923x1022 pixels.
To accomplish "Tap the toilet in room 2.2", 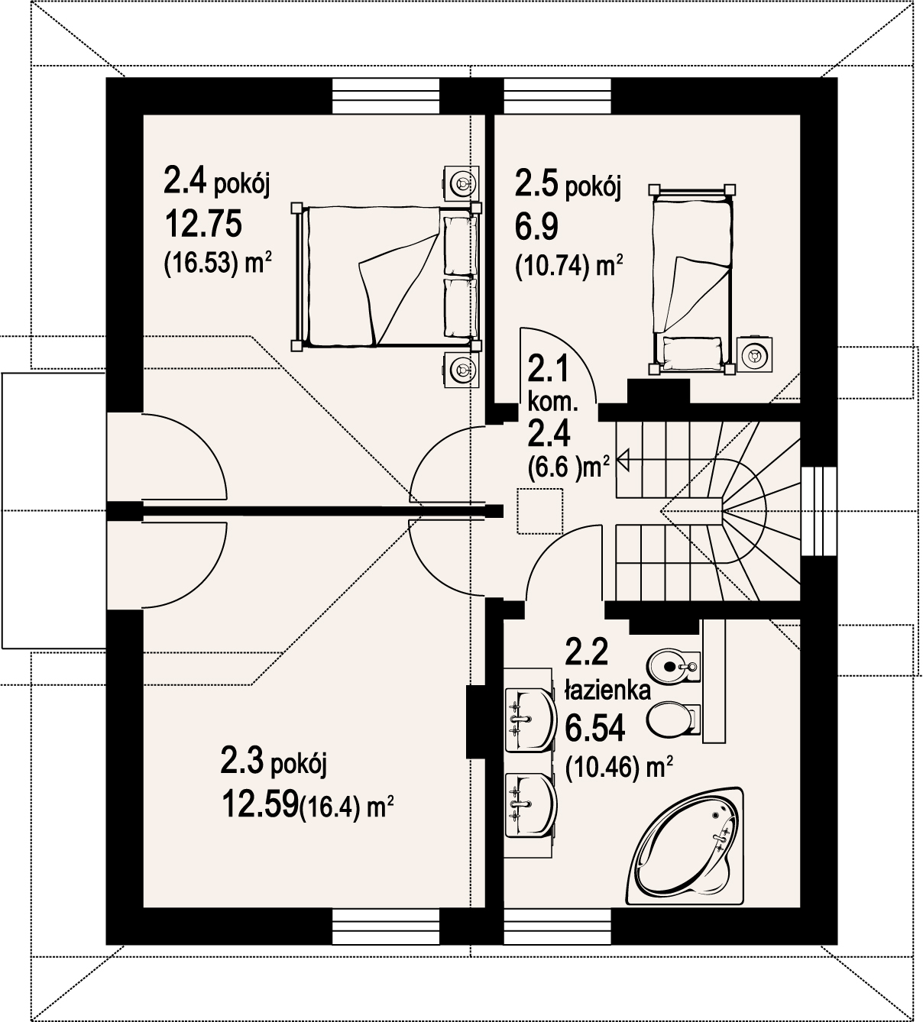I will tap(672, 719).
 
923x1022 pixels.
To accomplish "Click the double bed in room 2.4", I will tap(386, 276).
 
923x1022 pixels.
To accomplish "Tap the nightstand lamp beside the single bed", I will tap(756, 354).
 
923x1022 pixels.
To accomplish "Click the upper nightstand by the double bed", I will tap(461, 183).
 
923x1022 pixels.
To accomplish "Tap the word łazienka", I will tap(606, 690).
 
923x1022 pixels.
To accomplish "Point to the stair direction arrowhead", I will tap(622, 459).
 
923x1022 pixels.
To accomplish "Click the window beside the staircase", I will tap(819, 510).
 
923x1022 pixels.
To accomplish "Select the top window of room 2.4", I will tap(386, 96).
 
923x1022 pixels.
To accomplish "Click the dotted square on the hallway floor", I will tap(539, 511).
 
